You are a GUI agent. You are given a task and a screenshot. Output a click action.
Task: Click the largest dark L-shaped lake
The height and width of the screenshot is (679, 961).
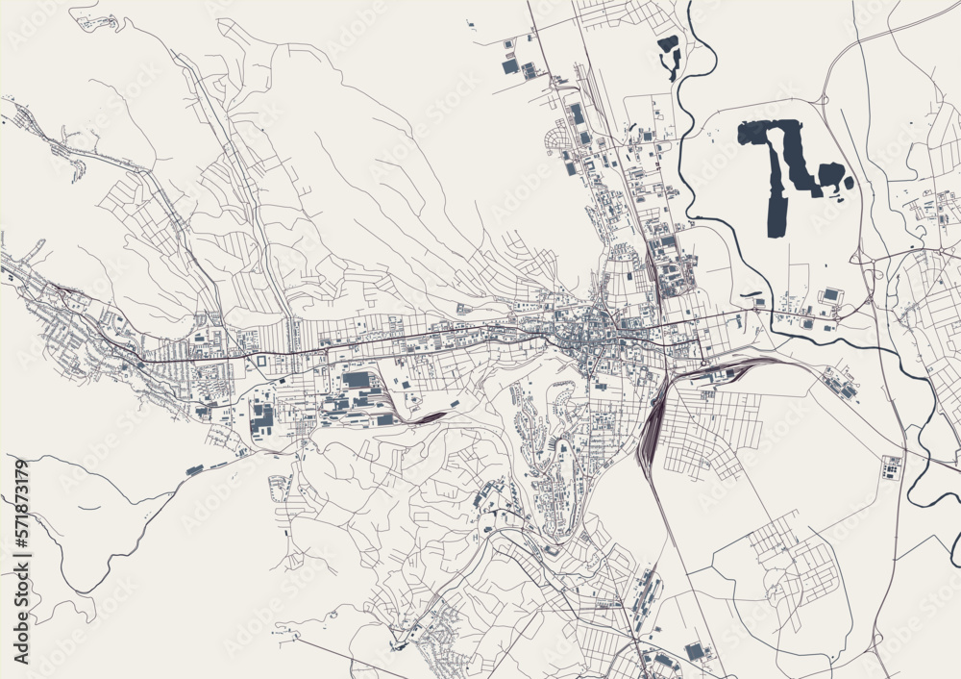coord(778,163)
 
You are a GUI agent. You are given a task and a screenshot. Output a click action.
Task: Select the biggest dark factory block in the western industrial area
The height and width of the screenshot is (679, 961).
coord(357,380)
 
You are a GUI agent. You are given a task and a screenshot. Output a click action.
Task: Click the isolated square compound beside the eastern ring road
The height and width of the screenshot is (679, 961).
coord(891,467)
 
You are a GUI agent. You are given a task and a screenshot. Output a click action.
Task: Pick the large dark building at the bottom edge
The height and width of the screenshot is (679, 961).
coord(695,651)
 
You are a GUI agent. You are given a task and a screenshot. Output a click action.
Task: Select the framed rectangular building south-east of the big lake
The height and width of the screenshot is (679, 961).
coord(829,295)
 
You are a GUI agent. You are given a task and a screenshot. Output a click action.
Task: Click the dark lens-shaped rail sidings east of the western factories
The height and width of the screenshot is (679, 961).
coord(430,416)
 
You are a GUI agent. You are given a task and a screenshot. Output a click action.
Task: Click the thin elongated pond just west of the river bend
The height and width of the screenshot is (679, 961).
coord(751,294)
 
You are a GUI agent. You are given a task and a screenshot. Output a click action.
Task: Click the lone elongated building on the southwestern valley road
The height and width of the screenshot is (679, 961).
coord(195,469)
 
